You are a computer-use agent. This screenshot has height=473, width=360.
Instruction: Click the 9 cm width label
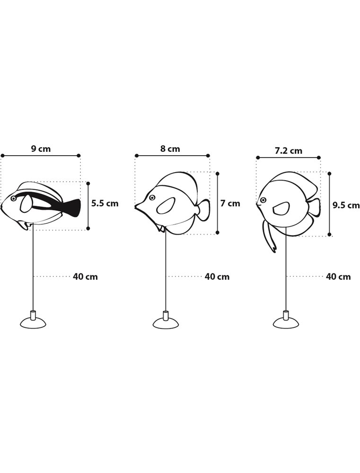coord(41,149)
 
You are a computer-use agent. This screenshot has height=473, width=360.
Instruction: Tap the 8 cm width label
coord(170,149)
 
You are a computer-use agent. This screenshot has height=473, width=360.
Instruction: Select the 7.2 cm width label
coord(289,151)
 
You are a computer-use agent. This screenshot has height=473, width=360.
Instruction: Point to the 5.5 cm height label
coord(105,204)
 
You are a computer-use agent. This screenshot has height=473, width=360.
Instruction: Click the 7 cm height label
coord(230,204)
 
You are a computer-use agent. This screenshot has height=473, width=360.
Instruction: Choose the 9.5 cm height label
coord(346,205)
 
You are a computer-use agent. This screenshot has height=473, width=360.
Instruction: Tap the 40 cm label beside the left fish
coord(85,277)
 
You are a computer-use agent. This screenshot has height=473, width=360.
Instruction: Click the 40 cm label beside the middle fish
coord(217,277)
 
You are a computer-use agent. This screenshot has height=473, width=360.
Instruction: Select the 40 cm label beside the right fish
coord(338,277)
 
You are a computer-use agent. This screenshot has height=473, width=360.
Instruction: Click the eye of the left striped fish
coord(13,199)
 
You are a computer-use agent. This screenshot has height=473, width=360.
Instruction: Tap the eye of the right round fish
coord(263,201)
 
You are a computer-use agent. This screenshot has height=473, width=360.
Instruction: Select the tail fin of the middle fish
coord(203,210)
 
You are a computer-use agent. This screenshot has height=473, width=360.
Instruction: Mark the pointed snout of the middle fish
coord(136,206)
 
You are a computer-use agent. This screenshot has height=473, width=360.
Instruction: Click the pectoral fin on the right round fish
coord(281,208)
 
